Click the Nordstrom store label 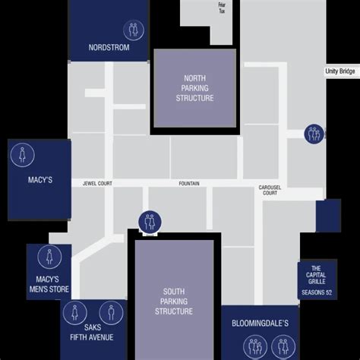click(x=109, y=47)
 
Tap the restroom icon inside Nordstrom click(x=134, y=30)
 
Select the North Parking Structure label click(x=194, y=88)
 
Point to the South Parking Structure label click(x=174, y=302)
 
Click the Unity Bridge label click(x=339, y=71)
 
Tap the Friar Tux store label click(x=222, y=8)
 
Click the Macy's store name click(x=40, y=180)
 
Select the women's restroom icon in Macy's click(x=23, y=155)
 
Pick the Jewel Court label click(x=97, y=183)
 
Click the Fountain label click(x=189, y=183)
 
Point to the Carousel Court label click(x=270, y=190)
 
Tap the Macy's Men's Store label click(x=49, y=284)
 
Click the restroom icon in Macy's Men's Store click(x=49, y=257)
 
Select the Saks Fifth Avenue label click(x=92, y=332)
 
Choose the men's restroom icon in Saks click(x=111, y=313)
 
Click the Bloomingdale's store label click(x=260, y=324)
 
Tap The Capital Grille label click(x=316, y=275)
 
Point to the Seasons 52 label click(x=317, y=292)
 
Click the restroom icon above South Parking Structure click(x=150, y=222)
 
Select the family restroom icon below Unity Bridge click(x=314, y=134)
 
